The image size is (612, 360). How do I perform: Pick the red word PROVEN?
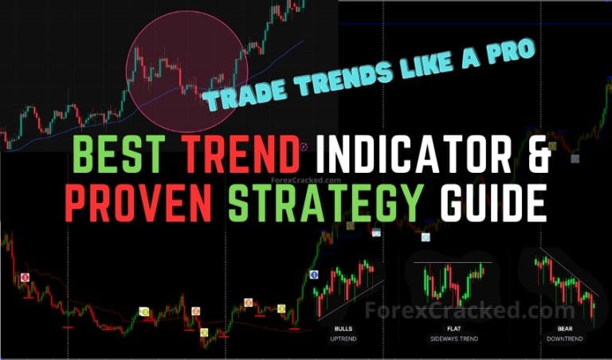coord(140,205)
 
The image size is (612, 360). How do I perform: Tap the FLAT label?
coord(453,328)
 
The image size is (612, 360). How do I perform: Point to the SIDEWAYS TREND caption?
coord(453,338)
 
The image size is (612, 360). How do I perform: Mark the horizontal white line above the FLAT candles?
coord(453,262)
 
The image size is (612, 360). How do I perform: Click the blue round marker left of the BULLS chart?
coord(313,274)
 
